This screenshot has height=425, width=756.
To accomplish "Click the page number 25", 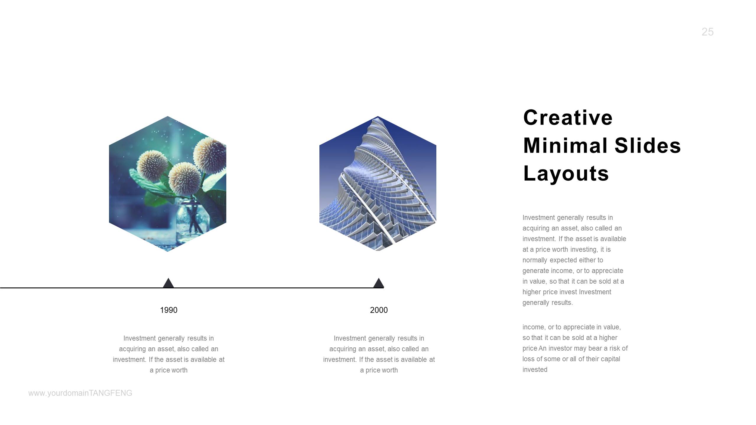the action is pyautogui.click(x=707, y=32).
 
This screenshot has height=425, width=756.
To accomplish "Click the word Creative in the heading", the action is pyautogui.click(x=568, y=117).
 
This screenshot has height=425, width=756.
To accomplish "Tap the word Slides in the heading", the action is pyautogui.click(x=648, y=146).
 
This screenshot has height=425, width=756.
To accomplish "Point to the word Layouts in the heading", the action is pyautogui.click(x=566, y=174).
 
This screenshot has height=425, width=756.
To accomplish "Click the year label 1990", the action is pyautogui.click(x=168, y=310).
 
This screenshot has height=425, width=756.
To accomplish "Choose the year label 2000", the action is pyautogui.click(x=379, y=310).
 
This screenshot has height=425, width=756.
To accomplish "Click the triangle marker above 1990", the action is pyautogui.click(x=168, y=283).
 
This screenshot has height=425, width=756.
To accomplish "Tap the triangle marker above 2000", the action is pyautogui.click(x=378, y=283).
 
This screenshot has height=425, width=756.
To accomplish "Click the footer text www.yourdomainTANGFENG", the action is pyautogui.click(x=80, y=393).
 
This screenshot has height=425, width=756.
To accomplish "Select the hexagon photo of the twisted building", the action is pyautogui.click(x=378, y=184).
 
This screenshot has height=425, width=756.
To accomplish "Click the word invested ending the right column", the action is pyautogui.click(x=535, y=370).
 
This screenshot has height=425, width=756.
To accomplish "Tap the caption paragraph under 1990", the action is pyautogui.click(x=169, y=354).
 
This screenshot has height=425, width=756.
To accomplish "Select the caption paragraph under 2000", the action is pyautogui.click(x=379, y=354).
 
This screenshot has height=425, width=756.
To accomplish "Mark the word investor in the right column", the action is pyautogui.click(x=560, y=348).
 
